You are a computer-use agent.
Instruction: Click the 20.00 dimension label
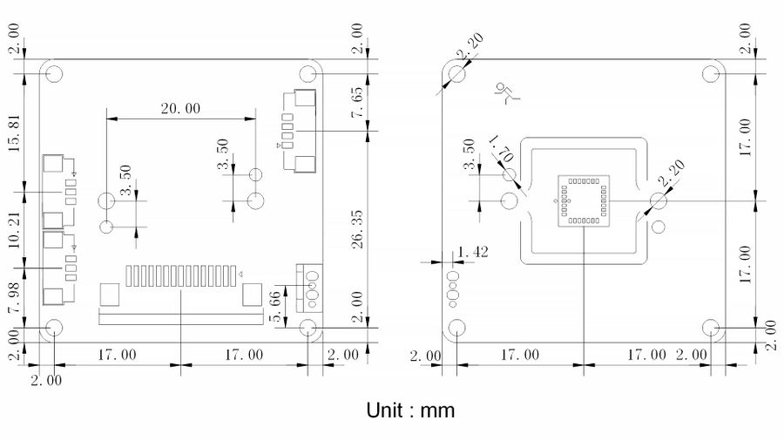(x=180, y=109)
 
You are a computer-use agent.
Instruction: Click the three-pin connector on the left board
(x=307, y=287)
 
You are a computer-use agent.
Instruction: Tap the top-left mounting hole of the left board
(x=54, y=74)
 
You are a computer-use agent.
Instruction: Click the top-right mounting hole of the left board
(x=308, y=74)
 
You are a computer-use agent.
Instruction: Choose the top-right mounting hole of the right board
(x=711, y=74)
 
